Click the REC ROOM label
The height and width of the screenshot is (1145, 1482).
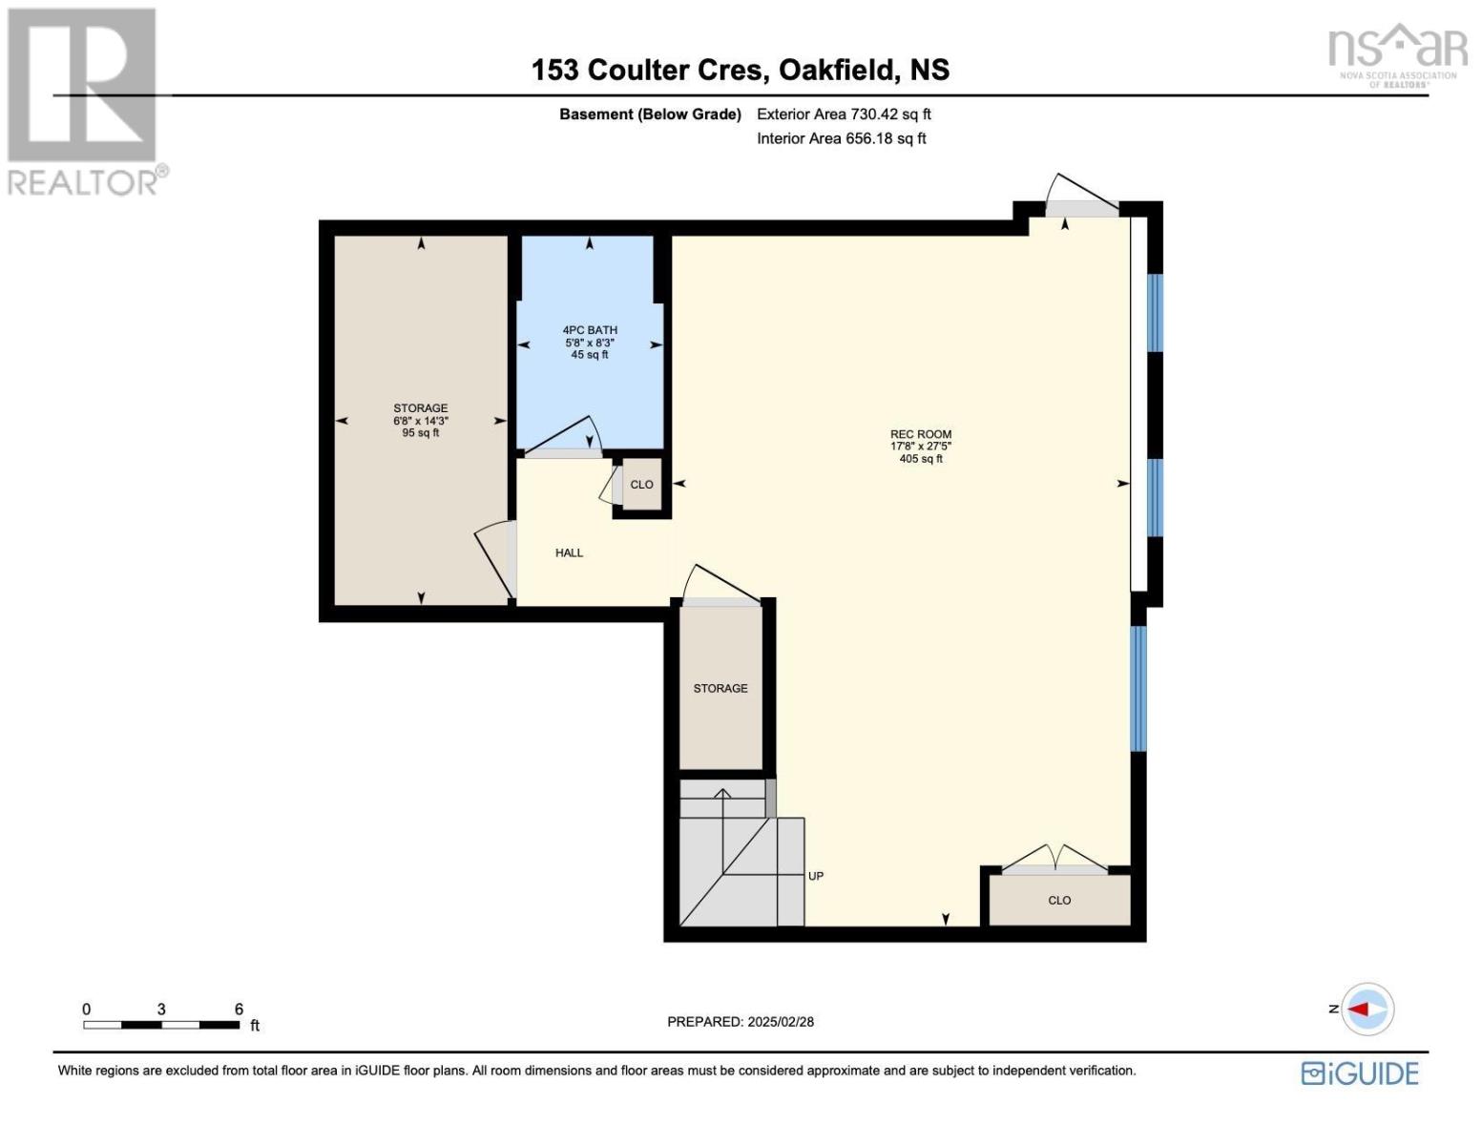click(920, 434)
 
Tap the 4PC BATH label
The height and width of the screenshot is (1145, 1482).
click(590, 330)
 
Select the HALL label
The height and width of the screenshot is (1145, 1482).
click(569, 552)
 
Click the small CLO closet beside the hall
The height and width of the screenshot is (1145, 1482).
click(642, 485)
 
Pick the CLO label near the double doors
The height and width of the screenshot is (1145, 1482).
click(1059, 900)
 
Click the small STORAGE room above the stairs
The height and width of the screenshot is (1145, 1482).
click(720, 688)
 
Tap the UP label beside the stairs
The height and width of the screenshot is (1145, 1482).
click(816, 876)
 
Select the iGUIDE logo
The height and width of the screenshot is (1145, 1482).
click(1360, 1073)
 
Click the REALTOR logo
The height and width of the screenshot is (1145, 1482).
click(84, 100)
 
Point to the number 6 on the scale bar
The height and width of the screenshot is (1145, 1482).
click(239, 1009)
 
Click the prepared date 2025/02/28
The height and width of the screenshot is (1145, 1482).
click(781, 1022)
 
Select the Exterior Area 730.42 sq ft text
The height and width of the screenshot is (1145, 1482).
click(844, 114)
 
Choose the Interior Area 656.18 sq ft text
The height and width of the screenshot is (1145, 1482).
click(841, 138)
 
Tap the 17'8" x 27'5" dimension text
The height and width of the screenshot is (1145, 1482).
click(920, 447)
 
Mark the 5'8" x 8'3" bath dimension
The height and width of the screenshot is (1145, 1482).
click(590, 343)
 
